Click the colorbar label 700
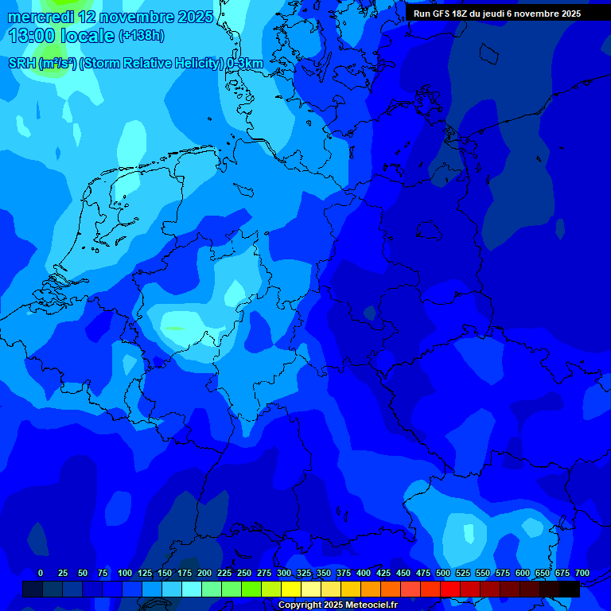point(582,573)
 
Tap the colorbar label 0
point(41,573)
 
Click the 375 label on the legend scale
point(344,573)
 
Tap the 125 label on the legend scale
point(144,573)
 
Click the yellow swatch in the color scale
point(291,589)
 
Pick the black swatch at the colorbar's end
point(570,589)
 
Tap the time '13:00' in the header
point(32,36)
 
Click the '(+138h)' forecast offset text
point(141,36)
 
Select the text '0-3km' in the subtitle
point(245,63)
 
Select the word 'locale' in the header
point(88,36)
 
